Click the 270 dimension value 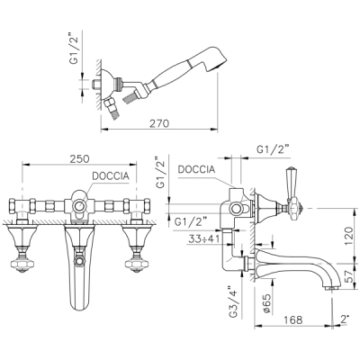point(159,123)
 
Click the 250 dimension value point(79,158)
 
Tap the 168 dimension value point(292,319)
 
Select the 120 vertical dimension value point(349,236)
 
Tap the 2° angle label point(345,319)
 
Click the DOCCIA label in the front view point(111,176)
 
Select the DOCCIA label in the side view point(196,169)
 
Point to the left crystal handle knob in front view point(22,264)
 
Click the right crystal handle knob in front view point(137,264)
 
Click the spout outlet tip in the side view point(332,289)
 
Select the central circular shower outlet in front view point(79,206)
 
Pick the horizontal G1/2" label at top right point(272,149)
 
